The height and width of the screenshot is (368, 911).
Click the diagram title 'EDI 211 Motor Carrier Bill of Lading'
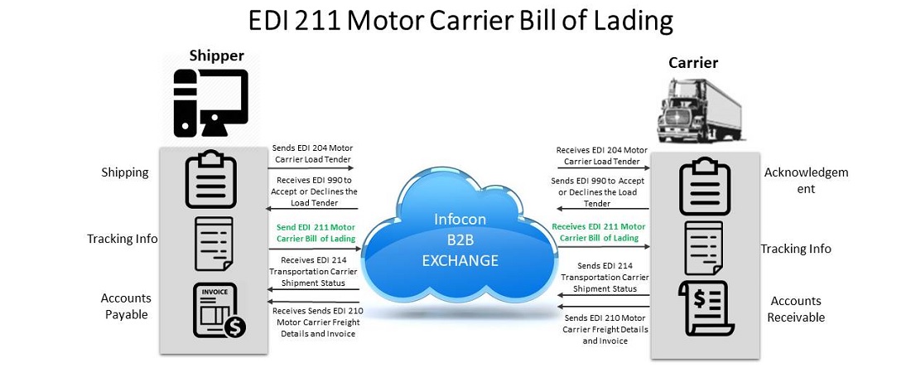click(x=455, y=21)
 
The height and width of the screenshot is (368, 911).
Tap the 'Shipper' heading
click(x=216, y=56)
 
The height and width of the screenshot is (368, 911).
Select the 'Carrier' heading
click(x=693, y=63)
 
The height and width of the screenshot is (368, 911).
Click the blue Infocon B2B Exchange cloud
click(x=460, y=240)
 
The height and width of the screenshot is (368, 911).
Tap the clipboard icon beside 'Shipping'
click(x=210, y=179)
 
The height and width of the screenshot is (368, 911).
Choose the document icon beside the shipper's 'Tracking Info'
click(x=212, y=245)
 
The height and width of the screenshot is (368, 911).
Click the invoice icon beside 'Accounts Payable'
click(x=215, y=310)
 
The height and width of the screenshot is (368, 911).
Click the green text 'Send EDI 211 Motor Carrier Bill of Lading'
click(x=314, y=232)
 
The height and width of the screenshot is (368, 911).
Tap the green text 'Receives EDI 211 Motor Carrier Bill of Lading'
click(x=599, y=232)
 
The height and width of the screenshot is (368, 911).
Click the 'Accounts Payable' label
click(x=125, y=306)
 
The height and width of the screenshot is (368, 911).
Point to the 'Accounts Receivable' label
click(x=796, y=308)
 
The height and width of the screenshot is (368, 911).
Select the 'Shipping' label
click(x=125, y=172)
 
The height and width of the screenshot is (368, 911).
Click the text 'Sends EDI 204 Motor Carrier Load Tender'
click(x=312, y=154)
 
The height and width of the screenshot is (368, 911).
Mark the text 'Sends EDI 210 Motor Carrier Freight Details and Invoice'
click(x=605, y=329)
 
